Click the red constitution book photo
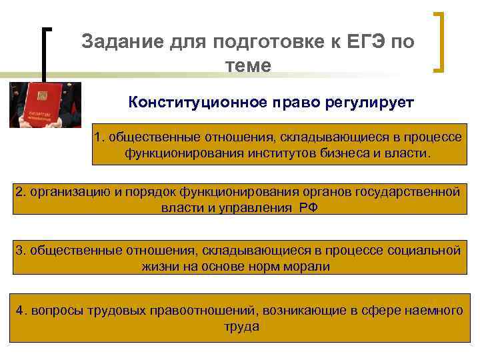[x=45, y=105]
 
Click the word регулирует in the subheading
[x=370, y=103]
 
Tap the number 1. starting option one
[x=100, y=137]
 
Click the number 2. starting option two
[x=21, y=192]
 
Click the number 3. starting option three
[x=21, y=251]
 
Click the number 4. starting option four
[x=23, y=310]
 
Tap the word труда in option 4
[x=242, y=327]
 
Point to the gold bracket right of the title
[x=439, y=41]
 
